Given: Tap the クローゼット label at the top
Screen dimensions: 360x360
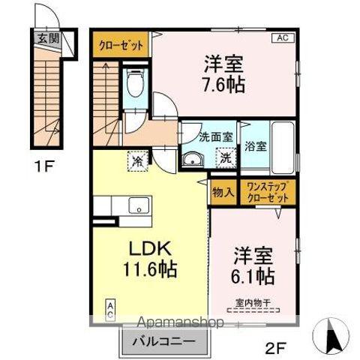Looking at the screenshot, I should coord(121,45).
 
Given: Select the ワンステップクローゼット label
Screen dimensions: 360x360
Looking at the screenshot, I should coord(267,192).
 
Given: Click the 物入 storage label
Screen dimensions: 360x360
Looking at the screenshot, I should coord(223,192).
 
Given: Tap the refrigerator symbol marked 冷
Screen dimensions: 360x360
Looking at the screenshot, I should coord(137,160).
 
